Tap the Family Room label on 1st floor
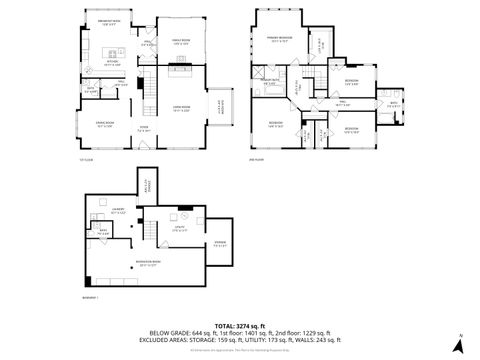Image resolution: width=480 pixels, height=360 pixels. (x=181, y=42)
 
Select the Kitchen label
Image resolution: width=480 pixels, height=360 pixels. (x=113, y=63)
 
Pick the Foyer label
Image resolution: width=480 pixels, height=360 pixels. (x=144, y=129)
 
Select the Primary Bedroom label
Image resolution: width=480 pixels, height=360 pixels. (x=277, y=40)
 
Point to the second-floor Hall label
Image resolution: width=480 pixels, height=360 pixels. (x=342, y=102)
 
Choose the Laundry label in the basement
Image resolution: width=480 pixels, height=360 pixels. (x=119, y=211)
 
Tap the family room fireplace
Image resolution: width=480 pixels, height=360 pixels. (x=181, y=69)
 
